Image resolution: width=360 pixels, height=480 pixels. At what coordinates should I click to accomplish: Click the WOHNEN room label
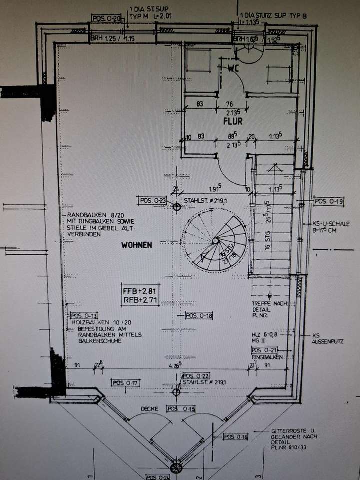pyautogui.click(x=136, y=245)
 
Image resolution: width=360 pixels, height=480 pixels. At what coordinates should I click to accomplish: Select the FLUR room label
pyautogui.click(x=232, y=121)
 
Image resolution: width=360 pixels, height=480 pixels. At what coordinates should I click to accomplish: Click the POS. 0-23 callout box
pyautogui.click(x=153, y=200)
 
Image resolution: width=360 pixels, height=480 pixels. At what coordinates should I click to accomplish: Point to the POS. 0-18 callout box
pyautogui.click(x=199, y=315)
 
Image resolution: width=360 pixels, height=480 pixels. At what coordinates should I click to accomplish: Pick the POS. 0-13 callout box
pyautogui.click(x=83, y=315)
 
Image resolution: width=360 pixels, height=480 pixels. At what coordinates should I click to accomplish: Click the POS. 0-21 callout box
pyautogui.click(x=265, y=350)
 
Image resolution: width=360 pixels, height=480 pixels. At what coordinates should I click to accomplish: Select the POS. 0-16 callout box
pyautogui.click(x=235, y=436)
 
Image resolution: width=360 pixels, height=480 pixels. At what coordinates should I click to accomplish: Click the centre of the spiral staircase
pyautogui.click(x=215, y=241)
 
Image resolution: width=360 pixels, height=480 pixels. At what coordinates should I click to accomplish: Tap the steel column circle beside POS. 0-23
pyautogui.click(x=176, y=206)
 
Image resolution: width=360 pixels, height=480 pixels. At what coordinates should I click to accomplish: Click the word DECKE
pyautogui.click(x=149, y=409)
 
